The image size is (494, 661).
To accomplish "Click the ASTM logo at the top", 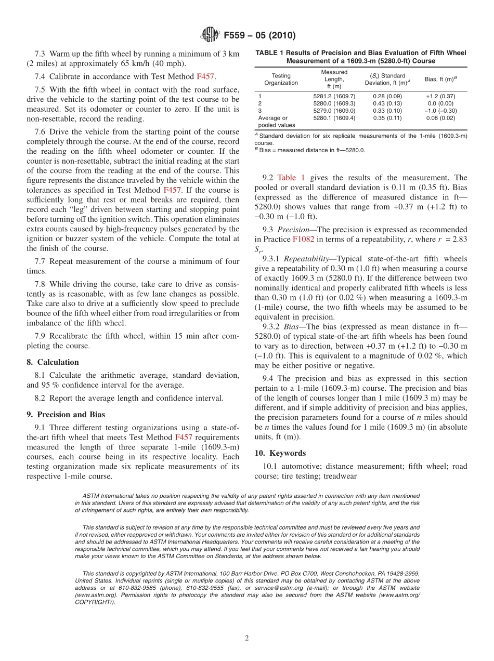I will [x=210, y=35].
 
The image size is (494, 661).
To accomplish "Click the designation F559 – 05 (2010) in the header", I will [x=259, y=35].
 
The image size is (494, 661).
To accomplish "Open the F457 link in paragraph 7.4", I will [x=205, y=76].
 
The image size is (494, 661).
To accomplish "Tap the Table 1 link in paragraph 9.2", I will [x=291, y=178].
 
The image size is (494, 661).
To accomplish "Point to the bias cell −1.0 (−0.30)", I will [x=440, y=111].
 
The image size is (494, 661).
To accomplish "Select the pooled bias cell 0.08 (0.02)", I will [x=440, y=118].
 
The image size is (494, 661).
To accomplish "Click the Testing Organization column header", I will [x=281, y=79].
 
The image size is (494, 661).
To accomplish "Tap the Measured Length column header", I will [x=334, y=79].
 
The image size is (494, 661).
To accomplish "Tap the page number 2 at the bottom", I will [x=247, y=639].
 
